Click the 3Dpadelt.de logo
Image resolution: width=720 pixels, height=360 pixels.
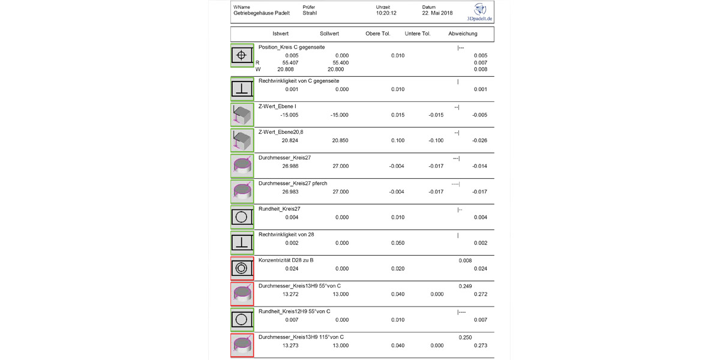tap(482, 12)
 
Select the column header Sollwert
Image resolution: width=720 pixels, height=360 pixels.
tap(329, 34)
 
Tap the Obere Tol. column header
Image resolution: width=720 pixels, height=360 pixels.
tap(378, 34)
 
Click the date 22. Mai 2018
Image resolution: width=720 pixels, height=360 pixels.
tap(437, 13)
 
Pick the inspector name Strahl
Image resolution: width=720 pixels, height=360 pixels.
tap(310, 13)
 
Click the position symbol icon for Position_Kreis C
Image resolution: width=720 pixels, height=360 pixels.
tap(241, 55)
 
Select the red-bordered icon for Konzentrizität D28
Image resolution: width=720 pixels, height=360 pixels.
tap(241, 268)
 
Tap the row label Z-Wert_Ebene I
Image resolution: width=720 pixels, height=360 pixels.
tap(277, 106)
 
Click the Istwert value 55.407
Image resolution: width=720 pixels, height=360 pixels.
tap(287, 62)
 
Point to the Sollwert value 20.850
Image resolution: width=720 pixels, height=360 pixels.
tap(340, 140)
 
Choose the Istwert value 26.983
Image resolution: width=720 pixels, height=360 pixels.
tap(291, 192)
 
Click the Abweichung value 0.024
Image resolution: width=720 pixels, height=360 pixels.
tap(480, 269)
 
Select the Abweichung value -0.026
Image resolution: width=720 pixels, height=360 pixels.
tap(479, 140)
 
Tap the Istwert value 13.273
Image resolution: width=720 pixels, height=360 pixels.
tap(291, 346)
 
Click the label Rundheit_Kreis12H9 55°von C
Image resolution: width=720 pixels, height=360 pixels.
tap(294, 311)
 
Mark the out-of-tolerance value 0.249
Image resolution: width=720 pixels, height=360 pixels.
tap(465, 286)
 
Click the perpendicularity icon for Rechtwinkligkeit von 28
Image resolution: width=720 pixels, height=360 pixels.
tap(241, 242)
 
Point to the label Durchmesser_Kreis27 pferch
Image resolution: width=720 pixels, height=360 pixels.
tap(293, 183)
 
